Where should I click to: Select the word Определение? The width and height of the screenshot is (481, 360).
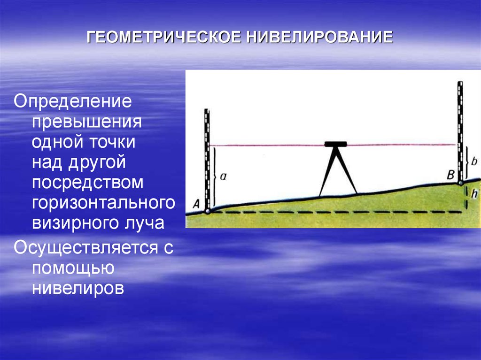(x=73, y=101)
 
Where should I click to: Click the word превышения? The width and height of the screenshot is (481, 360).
(x=87, y=122)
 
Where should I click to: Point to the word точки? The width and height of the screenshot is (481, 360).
(x=113, y=142)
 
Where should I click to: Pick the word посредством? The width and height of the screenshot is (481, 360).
(x=88, y=182)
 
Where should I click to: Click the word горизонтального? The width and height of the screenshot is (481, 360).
(x=104, y=202)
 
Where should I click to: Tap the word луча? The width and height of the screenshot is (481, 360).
(x=146, y=223)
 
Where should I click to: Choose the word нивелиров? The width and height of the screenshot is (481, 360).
(x=78, y=288)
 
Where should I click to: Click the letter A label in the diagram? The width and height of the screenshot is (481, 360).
(x=196, y=204)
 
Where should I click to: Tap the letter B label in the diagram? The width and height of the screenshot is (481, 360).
(x=450, y=176)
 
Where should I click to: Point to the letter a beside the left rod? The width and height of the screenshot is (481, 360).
(x=223, y=176)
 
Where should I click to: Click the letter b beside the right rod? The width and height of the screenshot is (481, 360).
(x=474, y=161)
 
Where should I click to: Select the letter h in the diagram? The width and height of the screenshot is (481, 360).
(x=474, y=194)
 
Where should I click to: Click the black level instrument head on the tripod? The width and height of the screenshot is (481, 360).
(x=336, y=144)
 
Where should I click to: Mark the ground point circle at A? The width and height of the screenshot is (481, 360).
(x=208, y=211)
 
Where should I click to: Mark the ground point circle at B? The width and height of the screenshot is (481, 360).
(x=460, y=183)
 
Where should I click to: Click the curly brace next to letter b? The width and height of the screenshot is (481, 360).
(x=467, y=162)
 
